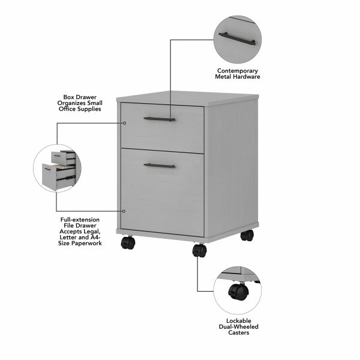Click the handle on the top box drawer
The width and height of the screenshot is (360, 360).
[x=160, y=119]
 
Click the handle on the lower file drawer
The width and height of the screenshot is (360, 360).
[x=160, y=165]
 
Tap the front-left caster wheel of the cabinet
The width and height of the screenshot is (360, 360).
[x=128, y=242]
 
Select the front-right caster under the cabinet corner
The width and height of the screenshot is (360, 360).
[x=199, y=250]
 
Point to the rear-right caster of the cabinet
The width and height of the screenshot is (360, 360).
[x=247, y=235]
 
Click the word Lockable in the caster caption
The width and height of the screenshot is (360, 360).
[x=238, y=321]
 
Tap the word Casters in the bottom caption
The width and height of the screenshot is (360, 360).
[x=238, y=333]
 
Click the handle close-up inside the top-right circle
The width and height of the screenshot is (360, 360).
[x=238, y=39]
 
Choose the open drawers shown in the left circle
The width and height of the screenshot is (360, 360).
[x=58, y=169]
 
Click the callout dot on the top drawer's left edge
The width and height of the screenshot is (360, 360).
[x=124, y=122]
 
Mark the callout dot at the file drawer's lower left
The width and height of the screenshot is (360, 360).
[x=124, y=211]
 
